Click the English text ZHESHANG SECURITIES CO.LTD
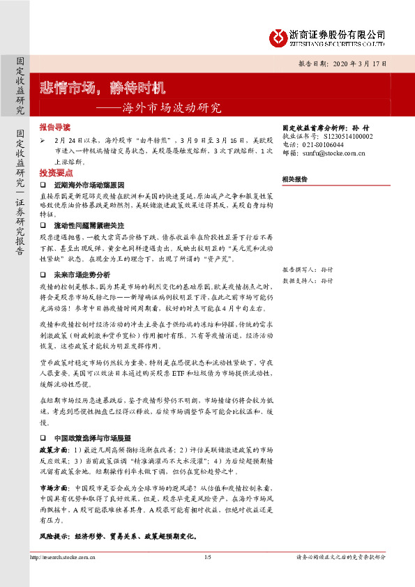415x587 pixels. click(338, 43)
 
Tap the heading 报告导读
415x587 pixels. click(55, 128)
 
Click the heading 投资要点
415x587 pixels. click(55, 171)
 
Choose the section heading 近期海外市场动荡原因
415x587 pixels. click(89, 185)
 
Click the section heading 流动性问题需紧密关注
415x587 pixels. click(89, 227)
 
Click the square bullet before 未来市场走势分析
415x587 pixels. click(43, 275)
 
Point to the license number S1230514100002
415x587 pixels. click(340, 137)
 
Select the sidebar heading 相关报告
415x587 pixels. click(295, 179)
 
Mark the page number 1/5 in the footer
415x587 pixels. click(207, 558)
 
